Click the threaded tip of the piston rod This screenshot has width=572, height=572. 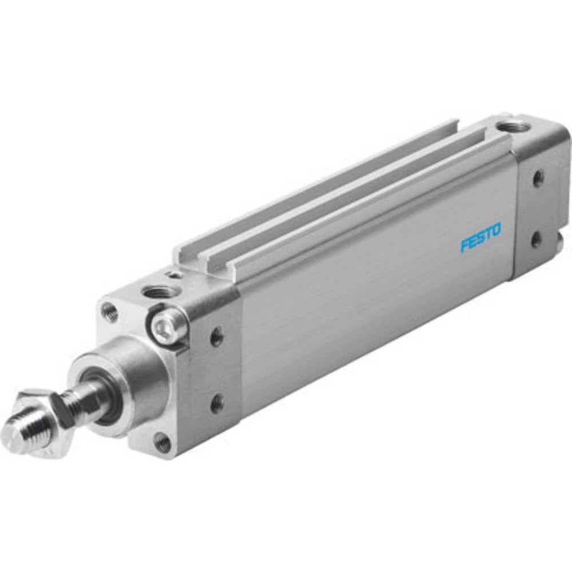pyautogui.click(x=29, y=426)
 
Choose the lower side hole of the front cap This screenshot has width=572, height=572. pyautogui.click(x=216, y=404)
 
